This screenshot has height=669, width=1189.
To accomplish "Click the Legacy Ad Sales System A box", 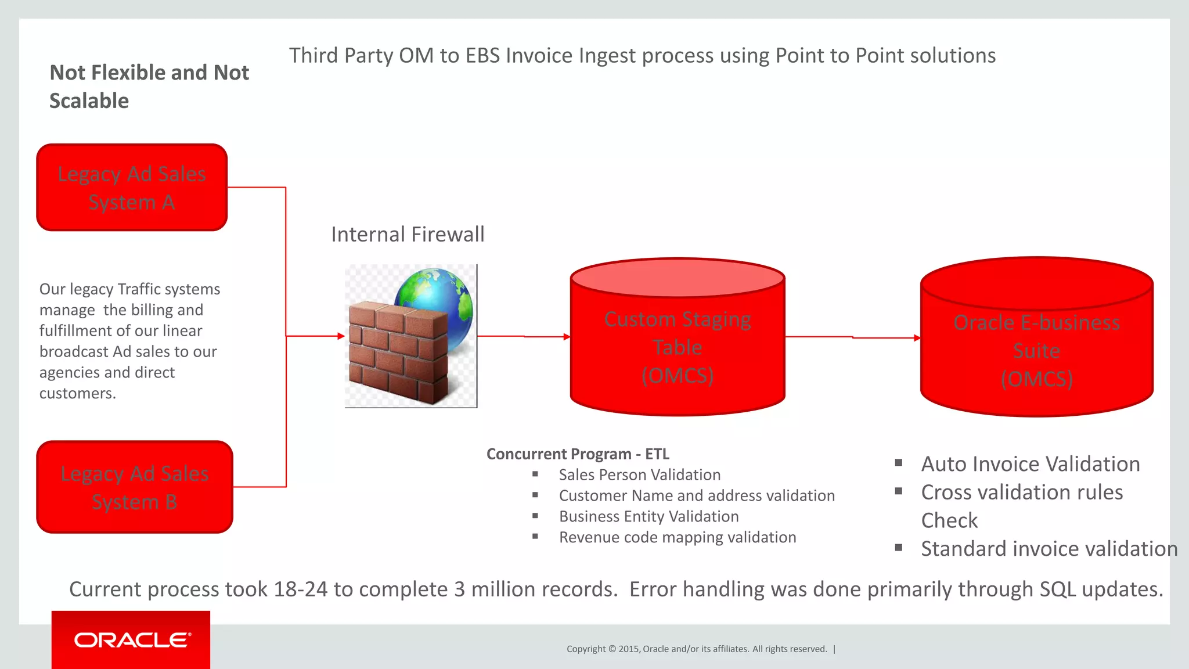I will (x=132, y=188).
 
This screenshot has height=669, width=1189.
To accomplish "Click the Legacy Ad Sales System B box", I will (x=134, y=487).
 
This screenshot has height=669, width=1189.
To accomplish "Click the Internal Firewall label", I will (x=408, y=235).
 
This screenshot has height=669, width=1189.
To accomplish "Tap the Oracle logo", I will (x=132, y=640).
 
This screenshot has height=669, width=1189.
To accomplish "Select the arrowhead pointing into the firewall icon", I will (x=341, y=336).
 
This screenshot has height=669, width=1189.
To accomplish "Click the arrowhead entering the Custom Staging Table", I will (x=567, y=337).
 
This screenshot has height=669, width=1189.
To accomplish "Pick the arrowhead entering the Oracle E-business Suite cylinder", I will (x=917, y=338).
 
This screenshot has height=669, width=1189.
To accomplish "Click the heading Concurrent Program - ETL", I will (x=578, y=454).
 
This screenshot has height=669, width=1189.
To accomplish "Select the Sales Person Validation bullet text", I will (x=639, y=475).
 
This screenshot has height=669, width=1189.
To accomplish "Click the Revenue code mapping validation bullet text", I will (x=677, y=538).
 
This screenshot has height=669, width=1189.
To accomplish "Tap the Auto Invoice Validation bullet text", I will (x=1031, y=464).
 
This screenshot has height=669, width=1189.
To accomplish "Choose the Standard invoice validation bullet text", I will (x=1049, y=549).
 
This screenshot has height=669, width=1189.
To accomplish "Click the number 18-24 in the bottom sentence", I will (x=300, y=589).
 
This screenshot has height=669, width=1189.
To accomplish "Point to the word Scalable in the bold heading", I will (x=89, y=101).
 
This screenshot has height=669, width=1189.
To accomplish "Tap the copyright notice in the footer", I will (x=697, y=649).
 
